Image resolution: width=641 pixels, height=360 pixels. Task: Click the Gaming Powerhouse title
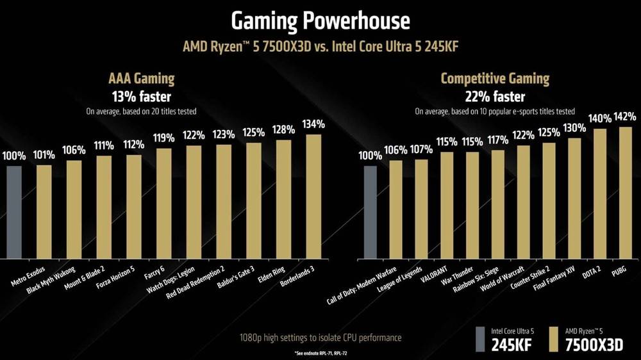click(320, 21)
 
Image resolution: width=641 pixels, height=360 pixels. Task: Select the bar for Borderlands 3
click(313, 196)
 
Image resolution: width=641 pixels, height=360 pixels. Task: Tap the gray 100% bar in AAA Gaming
click(14, 211)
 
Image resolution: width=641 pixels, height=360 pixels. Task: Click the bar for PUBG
click(624, 192)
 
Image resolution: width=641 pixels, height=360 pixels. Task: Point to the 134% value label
click(313, 124)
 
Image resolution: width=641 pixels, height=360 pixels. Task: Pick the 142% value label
click(624, 117)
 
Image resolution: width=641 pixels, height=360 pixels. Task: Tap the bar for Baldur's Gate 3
click(254, 200)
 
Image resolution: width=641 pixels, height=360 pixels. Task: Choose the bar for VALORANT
click(447, 205)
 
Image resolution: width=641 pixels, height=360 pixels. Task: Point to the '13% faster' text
click(140, 97)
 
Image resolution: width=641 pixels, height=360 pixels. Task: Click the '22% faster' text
click(495, 97)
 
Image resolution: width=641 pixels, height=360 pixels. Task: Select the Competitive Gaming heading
click(495, 79)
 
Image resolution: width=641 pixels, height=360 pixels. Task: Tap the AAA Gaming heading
click(140, 79)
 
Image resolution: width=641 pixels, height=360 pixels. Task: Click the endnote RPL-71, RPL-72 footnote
click(320, 354)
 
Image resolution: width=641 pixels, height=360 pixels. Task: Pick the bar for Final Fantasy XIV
click(574, 198)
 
